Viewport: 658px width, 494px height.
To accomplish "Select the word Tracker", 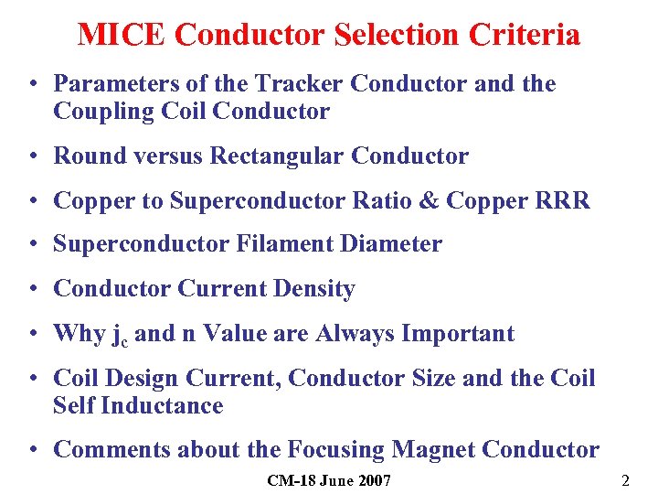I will [x=301, y=84].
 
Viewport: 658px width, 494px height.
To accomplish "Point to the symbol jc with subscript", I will [x=120, y=335].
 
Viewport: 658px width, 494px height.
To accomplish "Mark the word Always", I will [x=353, y=334].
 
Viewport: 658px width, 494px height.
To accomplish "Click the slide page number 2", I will [x=625, y=480].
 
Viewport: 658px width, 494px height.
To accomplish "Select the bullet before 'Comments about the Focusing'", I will [x=32, y=451].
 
